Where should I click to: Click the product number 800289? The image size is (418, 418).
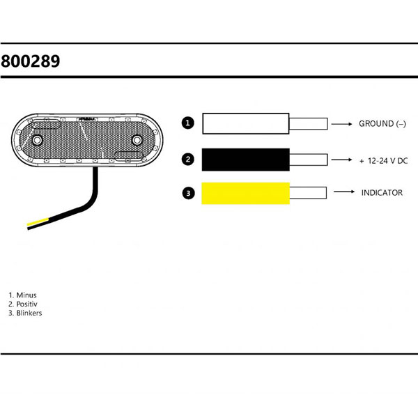click(30, 61)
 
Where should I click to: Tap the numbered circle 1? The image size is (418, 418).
click(187, 124)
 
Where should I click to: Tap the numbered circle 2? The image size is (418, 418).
click(187, 160)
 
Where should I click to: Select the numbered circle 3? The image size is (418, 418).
click(187, 193)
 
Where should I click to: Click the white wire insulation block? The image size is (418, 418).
click(246, 124)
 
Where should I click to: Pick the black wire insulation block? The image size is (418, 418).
click(246, 160)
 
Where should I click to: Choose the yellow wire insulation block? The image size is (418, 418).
click(246, 193)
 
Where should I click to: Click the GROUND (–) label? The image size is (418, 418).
click(382, 124)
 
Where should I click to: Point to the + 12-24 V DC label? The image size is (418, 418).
click(383, 160)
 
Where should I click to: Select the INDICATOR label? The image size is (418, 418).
click(382, 192)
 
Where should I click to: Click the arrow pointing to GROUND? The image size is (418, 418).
click(342, 125)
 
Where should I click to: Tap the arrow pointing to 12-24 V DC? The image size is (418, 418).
click(342, 160)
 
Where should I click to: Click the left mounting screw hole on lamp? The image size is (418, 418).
click(36, 141)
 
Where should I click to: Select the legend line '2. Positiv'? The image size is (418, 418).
click(23, 304)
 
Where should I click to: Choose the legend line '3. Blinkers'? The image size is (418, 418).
click(25, 313)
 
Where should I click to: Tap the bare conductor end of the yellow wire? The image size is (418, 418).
click(309, 193)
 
